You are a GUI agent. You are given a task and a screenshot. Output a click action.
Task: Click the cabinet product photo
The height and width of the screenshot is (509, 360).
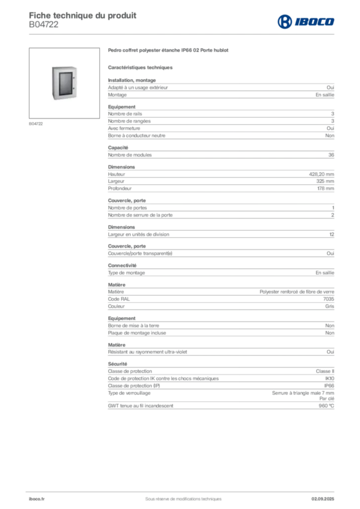(63, 83)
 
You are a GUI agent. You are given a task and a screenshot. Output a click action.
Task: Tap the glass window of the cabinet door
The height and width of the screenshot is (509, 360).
(64, 83)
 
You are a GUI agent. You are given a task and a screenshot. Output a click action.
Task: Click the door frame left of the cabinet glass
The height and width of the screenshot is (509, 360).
(55, 84)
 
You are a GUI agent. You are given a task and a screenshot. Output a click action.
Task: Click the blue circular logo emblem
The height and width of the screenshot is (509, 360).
(284, 21)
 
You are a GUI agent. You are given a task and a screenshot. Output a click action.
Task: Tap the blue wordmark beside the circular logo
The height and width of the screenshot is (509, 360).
(315, 21)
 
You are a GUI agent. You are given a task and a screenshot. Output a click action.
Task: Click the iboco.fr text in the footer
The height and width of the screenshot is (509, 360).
(36, 499)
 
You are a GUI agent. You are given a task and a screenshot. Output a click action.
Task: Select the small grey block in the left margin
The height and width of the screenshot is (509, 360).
(36, 123)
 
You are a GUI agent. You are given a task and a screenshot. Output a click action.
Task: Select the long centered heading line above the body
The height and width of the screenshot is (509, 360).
(169, 52)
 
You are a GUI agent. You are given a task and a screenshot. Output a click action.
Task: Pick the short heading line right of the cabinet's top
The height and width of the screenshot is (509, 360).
(141, 67)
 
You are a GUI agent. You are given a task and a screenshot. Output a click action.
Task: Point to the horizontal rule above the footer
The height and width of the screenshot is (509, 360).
(183, 490)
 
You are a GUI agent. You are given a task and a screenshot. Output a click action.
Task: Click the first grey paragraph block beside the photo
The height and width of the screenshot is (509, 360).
(221, 89)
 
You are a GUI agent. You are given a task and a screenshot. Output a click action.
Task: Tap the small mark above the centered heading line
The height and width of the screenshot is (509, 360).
(189, 46)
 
